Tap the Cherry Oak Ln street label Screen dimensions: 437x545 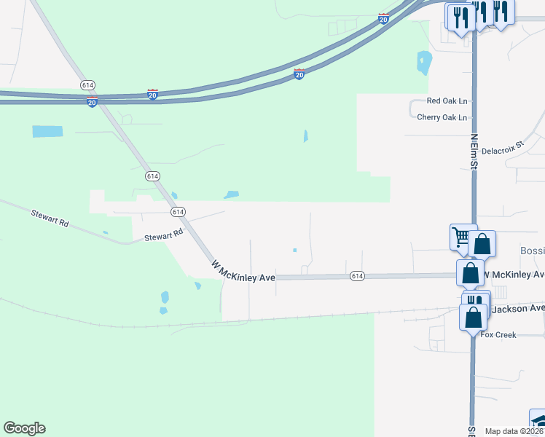coord(442,117)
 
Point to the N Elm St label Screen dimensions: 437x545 coord(474,151)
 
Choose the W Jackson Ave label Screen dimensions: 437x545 coord(517,309)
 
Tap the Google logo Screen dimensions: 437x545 coord(24,428)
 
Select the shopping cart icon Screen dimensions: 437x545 coord(461,236)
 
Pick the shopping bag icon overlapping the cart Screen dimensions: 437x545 coord(482,244)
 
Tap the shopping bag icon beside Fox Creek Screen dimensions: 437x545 coord(474,318)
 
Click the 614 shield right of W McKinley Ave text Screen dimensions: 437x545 coord(356,276)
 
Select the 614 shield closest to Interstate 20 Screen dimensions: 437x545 coord(88,85)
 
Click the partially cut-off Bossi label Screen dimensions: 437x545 coord(532,251)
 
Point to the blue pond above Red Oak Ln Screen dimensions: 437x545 coord(424,63)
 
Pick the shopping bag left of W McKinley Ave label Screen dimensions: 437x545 coord(470,274)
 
